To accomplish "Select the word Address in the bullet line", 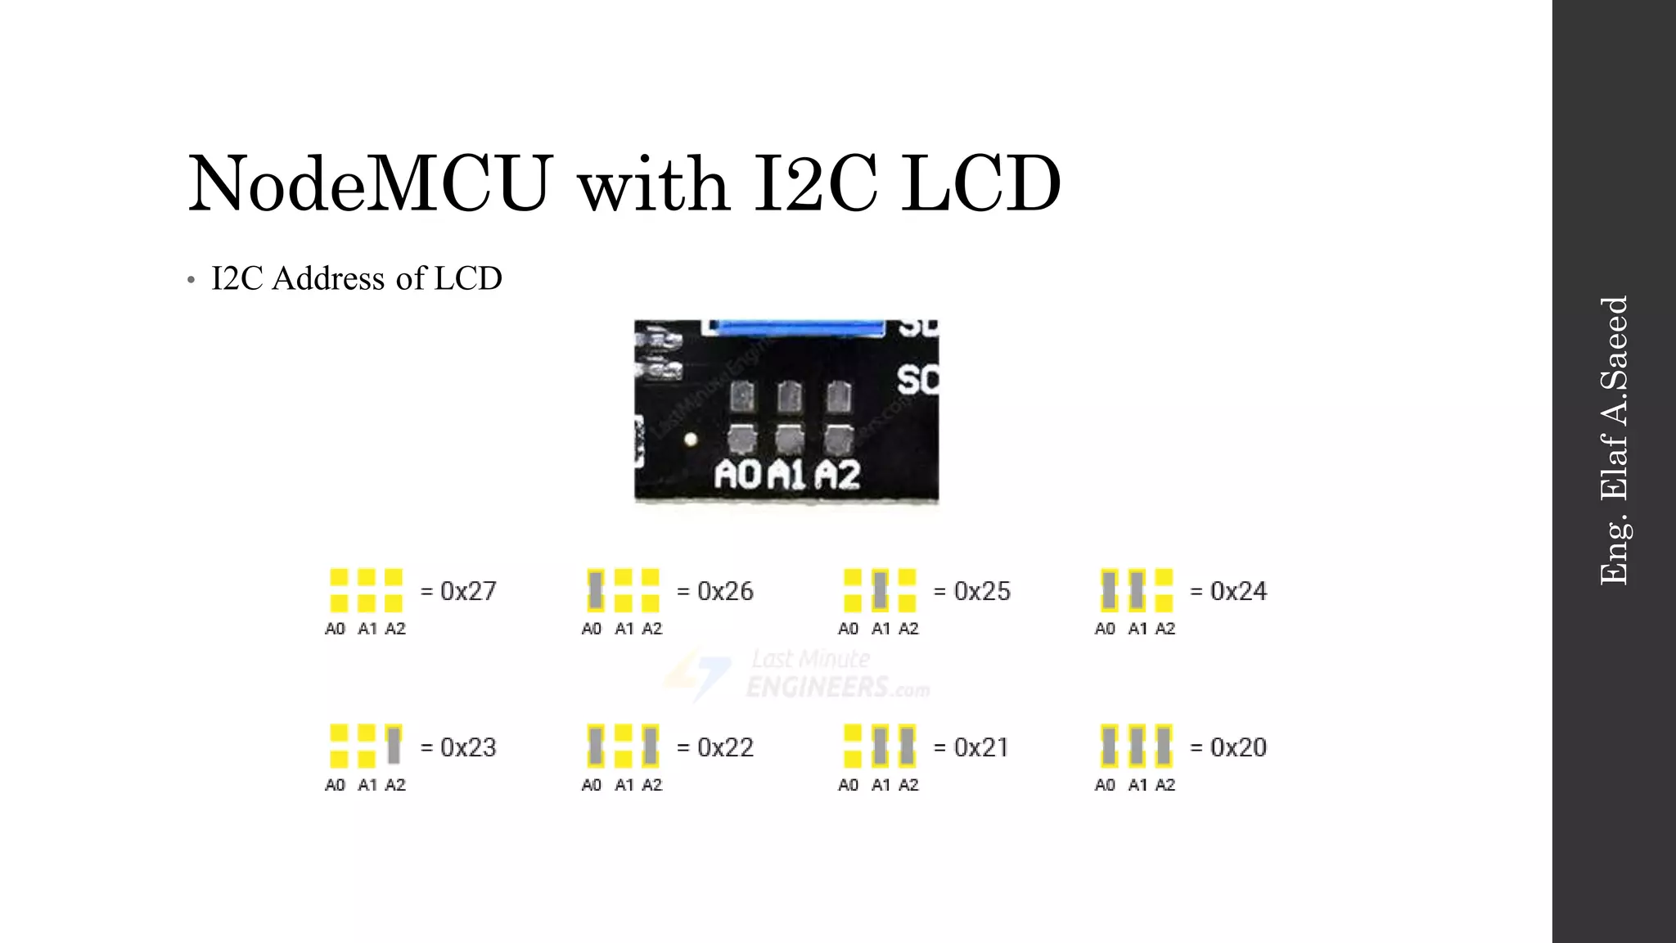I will [328, 278].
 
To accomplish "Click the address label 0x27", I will [468, 591].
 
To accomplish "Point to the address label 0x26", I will [725, 591].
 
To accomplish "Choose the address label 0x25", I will [982, 591].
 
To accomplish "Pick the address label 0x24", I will [1238, 591].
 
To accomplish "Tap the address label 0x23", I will [468, 747].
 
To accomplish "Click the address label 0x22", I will [725, 747].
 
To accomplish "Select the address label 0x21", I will [981, 747].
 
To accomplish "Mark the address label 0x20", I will [1238, 747].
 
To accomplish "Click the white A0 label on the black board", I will [737, 475].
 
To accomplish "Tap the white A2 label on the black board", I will [838, 475].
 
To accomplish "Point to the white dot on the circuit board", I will [691, 440].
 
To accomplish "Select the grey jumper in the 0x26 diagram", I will [596, 590].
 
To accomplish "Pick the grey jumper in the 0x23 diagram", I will [394, 745].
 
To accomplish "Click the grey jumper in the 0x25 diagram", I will [880, 590].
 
